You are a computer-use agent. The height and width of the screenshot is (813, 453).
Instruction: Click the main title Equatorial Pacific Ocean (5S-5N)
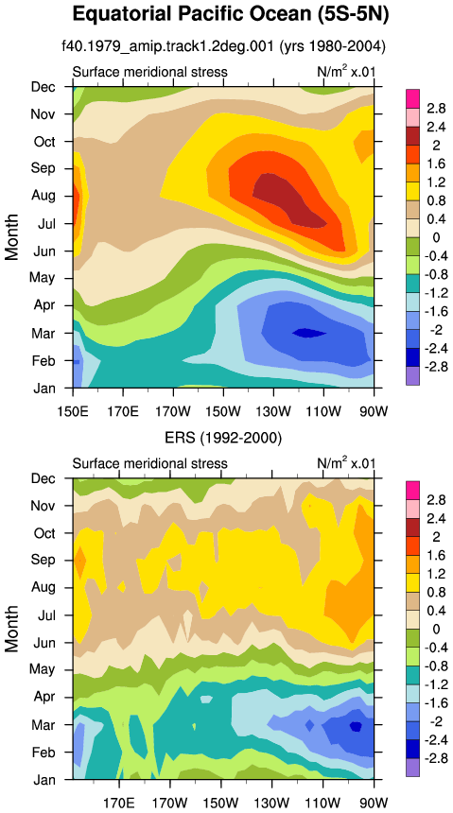coord(231,14)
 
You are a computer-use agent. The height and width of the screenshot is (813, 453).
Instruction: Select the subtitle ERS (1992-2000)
coord(223,439)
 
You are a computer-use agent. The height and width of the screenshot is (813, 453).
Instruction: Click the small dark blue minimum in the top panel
coord(308,333)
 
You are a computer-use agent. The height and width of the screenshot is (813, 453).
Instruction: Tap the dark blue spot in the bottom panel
coord(356,726)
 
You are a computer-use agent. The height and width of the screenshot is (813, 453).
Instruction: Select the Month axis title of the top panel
coord(11,237)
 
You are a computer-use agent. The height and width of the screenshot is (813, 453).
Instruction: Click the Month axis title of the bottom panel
coord(11,629)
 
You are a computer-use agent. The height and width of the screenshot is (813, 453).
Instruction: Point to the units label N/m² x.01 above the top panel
coord(345,72)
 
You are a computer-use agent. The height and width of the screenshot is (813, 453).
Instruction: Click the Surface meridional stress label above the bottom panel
coord(150,463)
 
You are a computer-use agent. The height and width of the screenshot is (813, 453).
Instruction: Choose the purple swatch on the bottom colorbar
coord(411,768)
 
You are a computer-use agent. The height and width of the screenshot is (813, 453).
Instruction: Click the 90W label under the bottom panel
coord(375,800)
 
